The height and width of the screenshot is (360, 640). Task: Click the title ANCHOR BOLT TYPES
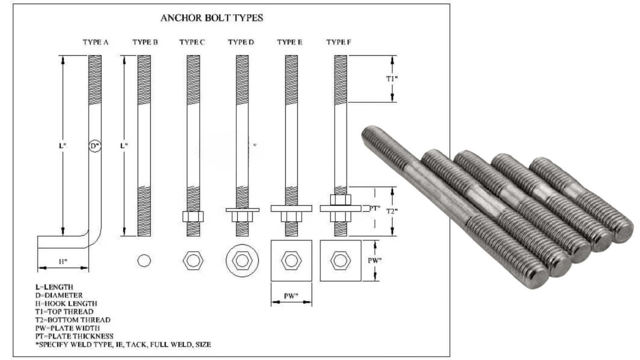(212, 18)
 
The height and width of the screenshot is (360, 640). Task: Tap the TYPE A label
(96, 42)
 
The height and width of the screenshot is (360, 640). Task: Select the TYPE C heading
(192, 42)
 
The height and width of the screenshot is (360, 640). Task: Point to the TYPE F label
(339, 42)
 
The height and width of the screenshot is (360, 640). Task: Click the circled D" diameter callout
(95, 146)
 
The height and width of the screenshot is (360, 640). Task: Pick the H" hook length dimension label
(63, 261)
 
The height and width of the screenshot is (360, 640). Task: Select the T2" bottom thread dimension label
(392, 211)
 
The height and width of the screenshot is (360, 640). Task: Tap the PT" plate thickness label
(374, 209)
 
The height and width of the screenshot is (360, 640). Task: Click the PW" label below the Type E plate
(291, 296)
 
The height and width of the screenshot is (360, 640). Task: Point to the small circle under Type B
(144, 260)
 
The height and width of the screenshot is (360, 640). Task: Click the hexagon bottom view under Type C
(193, 260)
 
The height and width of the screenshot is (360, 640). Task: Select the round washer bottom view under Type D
(242, 260)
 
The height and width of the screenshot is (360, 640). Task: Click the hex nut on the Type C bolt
(193, 217)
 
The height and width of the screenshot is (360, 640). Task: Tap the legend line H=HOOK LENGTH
(66, 303)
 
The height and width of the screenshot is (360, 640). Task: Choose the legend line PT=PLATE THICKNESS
(74, 336)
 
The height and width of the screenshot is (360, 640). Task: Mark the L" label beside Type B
(124, 146)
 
